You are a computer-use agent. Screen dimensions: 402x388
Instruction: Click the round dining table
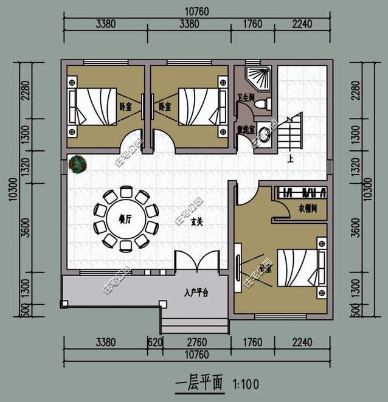coord(125,220)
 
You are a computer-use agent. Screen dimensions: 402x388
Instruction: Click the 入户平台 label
coord(195,293)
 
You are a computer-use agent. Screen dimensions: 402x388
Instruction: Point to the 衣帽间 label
coord(308,209)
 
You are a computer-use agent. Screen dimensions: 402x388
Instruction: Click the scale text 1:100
coord(244,384)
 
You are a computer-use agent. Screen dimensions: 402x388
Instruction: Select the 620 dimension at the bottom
coord(155,342)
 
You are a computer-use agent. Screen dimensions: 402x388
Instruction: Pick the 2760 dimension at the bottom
coord(196,342)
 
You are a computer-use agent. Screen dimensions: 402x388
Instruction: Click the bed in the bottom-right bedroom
coord(300,268)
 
